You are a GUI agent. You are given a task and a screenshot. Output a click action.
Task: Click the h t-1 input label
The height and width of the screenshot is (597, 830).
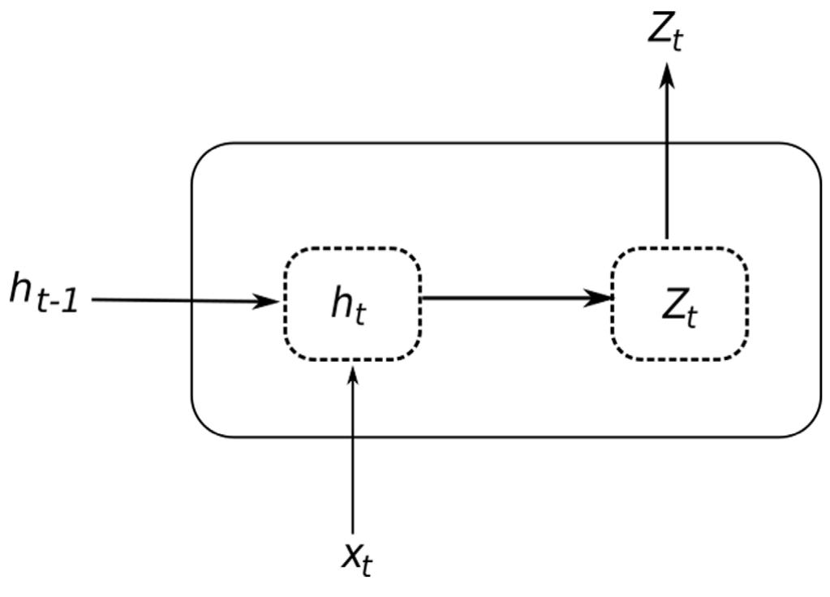45,292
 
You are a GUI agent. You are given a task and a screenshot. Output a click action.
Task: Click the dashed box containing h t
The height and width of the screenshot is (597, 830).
351,303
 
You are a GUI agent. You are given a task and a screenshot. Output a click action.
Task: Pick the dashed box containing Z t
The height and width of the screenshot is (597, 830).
679,303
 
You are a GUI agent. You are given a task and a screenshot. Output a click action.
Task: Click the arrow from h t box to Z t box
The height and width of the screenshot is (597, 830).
515,298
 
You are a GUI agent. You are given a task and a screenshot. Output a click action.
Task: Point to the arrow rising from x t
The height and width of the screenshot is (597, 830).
352,454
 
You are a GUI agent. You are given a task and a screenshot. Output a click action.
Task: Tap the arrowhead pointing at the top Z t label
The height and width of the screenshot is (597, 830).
666,75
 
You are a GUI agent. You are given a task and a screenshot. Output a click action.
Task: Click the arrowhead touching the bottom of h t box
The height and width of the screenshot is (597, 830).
352,375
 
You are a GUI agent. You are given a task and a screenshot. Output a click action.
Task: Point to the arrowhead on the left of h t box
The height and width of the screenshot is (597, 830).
268,302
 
